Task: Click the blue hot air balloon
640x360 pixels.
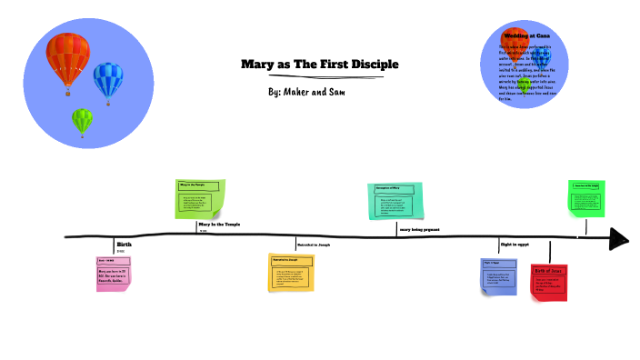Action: [x=108, y=80]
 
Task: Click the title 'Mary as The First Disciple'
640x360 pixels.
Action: [x=319, y=65]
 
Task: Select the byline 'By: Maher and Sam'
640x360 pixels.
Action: [x=307, y=93]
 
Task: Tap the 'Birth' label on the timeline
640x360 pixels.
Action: [x=124, y=245]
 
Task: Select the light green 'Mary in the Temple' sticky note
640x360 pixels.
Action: [x=199, y=199]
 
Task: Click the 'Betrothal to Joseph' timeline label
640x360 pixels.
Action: [x=314, y=245]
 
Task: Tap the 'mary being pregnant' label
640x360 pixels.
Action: [x=419, y=230]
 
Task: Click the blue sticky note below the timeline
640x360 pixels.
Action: [x=498, y=276]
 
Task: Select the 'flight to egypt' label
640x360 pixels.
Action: [x=515, y=245]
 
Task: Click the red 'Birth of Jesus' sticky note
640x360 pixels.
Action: [x=548, y=282]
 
